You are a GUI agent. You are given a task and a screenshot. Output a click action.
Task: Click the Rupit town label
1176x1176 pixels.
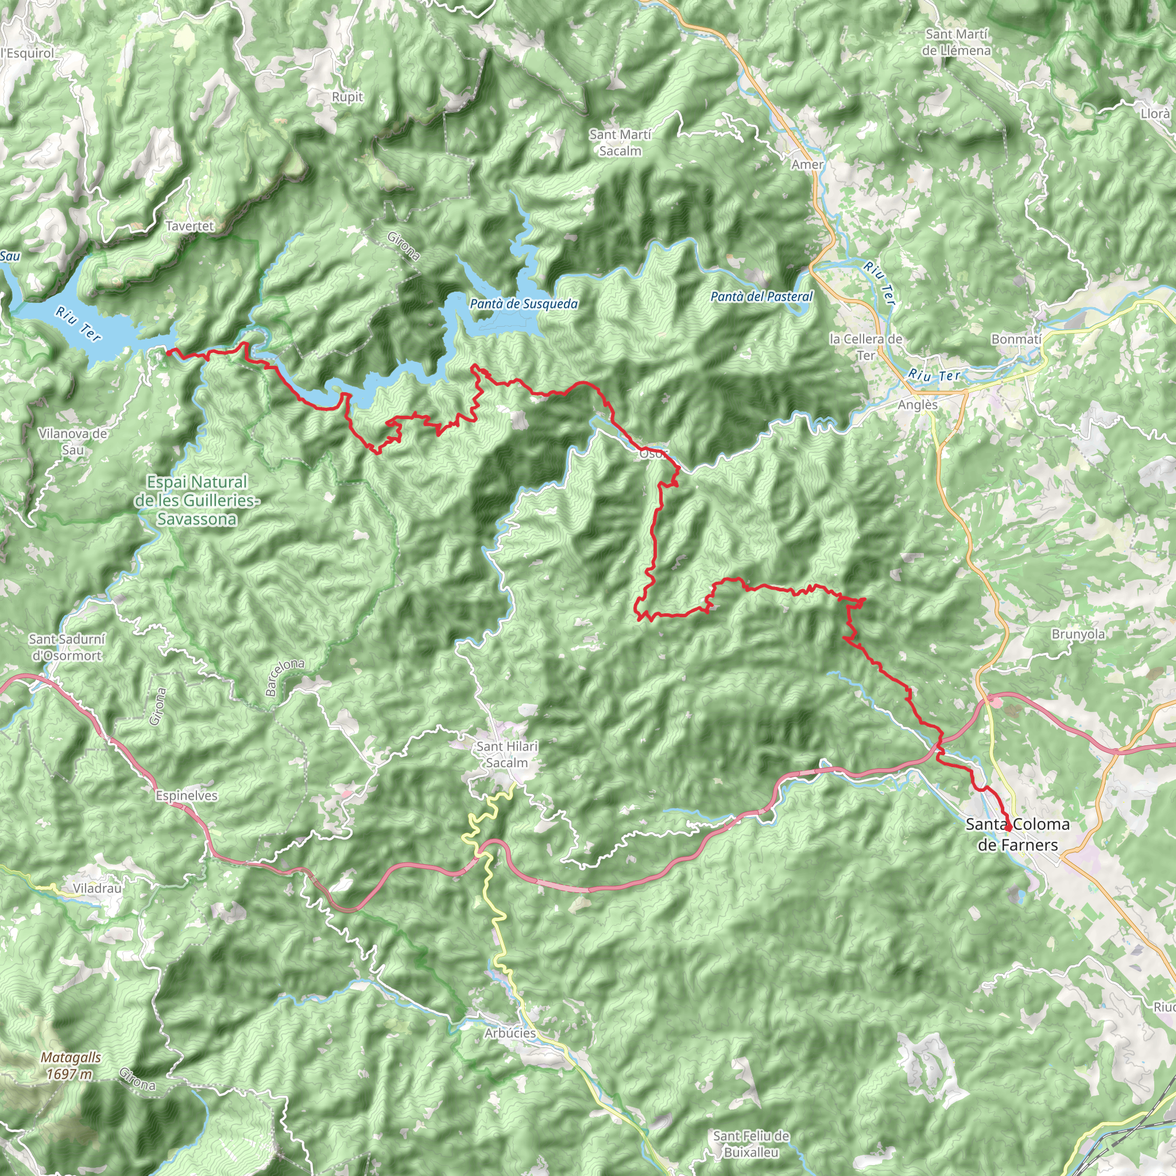347,97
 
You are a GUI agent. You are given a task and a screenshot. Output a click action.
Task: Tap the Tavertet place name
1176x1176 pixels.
190,226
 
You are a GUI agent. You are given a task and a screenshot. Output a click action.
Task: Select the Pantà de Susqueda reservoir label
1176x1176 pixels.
524,303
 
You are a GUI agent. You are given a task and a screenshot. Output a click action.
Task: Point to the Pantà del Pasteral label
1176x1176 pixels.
761,296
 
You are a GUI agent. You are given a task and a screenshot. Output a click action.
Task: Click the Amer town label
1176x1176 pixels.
807,164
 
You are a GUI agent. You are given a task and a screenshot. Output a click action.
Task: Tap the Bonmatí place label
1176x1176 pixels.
1016,339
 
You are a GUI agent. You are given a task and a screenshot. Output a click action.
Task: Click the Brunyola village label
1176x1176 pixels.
1078,634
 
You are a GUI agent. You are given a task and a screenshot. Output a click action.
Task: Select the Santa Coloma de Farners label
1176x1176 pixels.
1018,834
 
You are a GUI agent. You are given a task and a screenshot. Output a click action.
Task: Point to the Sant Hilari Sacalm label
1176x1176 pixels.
507,754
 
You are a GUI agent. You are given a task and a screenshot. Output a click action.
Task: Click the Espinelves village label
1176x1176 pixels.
186,795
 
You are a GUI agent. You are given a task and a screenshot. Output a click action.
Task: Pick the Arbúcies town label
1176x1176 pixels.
510,1033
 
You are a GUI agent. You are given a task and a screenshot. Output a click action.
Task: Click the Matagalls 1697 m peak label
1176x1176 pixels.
71,1066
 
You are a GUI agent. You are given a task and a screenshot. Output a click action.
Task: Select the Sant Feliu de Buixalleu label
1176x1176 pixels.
751,1144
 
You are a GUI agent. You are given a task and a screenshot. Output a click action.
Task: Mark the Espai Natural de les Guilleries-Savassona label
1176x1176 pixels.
196,500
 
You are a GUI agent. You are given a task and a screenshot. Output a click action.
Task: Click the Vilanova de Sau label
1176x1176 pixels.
72,442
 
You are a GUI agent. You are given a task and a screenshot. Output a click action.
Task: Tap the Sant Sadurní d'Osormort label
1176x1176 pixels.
67,647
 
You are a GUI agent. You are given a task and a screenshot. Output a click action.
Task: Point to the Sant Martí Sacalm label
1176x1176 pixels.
620,142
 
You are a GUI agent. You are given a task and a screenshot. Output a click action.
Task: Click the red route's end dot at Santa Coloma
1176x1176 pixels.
1008,829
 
